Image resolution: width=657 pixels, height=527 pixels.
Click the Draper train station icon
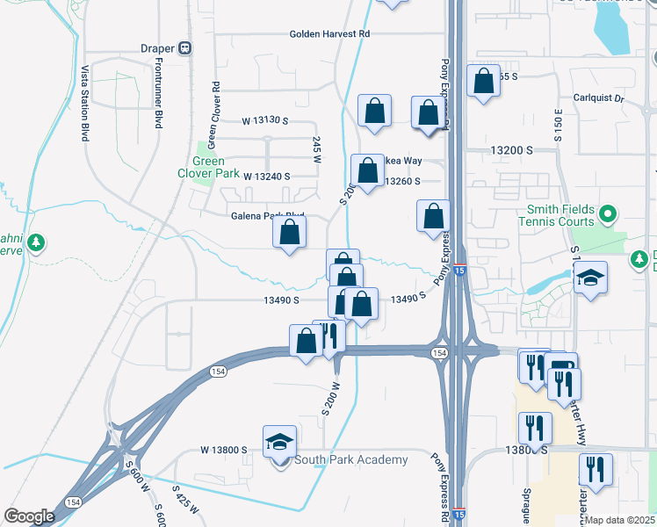pyautogui.click(x=185, y=48)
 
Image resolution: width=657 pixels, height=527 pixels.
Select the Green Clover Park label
pyautogui.click(x=209, y=167)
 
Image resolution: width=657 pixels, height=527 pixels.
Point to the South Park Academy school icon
pyautogui.click(x=279, y=442)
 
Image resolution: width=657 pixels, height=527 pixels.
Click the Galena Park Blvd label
pyautogui.click(x=267, y=215)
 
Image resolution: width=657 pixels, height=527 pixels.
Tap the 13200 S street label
pyautogui.click(x=512, y=151)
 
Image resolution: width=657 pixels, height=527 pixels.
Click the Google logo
pyautogui.click(x=29, y=516)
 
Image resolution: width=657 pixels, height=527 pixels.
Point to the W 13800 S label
pyautogui.click(x=224, y=450)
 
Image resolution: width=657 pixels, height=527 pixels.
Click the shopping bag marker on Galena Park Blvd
pyautogui.click(x=290, y=234)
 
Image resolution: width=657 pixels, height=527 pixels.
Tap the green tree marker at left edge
pyautogui.click(x=35, y=242)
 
